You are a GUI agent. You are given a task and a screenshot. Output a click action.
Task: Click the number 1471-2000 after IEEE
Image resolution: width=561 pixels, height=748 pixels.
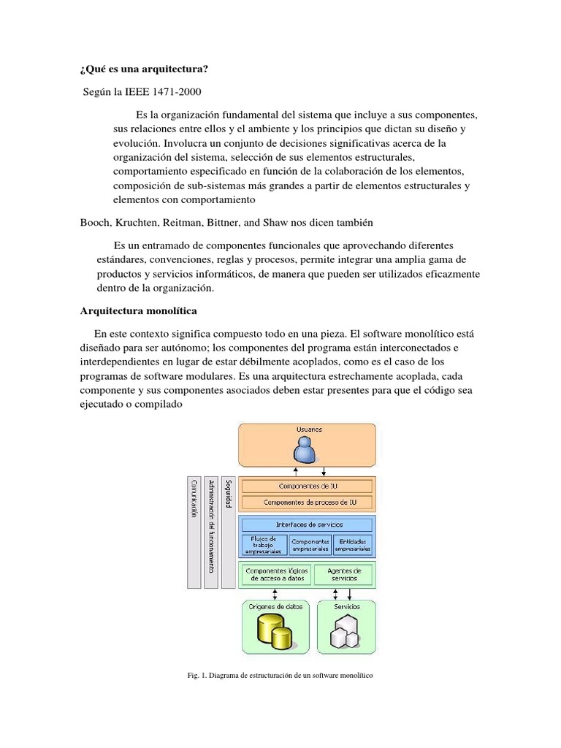point(175,92)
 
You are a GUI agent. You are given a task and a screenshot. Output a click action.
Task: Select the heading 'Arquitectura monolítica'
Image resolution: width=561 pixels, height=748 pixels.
point(138,310)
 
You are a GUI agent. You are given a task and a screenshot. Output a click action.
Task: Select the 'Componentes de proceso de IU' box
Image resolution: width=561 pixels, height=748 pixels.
point(308,503)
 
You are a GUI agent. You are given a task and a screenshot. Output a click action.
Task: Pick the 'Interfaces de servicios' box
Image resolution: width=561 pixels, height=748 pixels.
point(308,524)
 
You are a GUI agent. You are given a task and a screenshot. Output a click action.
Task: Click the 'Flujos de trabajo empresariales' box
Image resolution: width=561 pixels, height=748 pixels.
point(264,544)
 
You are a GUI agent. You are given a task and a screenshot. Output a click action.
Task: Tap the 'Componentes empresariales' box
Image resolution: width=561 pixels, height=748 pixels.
point(310,544)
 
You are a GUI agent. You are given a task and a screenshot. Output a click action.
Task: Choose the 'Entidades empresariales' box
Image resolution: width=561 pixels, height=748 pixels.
point(353,544)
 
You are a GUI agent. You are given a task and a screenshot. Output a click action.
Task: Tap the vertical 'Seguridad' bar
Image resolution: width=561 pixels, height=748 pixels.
point(229,532)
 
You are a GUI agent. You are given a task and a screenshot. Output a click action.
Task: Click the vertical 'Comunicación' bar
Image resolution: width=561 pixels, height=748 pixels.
point(194,532)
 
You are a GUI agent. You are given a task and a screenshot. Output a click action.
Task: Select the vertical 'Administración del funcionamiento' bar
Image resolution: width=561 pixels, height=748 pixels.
point(212,532)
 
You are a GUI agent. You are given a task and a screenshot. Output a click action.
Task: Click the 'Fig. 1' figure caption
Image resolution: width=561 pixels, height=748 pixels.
point(280,676)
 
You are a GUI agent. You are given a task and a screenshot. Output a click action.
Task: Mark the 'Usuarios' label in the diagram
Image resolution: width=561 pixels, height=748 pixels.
point(308,430)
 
